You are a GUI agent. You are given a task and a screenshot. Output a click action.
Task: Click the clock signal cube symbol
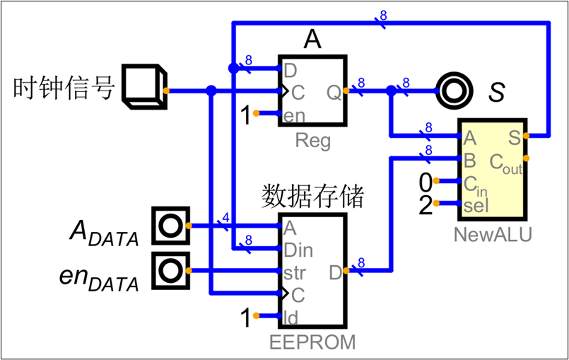click(144, 88)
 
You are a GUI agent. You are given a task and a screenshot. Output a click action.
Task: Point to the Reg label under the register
click(312, 141)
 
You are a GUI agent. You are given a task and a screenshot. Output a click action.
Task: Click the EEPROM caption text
click(312, 343)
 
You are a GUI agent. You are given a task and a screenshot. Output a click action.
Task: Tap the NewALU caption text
click(493, 234)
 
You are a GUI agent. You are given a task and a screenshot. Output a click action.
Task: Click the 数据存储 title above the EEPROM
click(312, 196)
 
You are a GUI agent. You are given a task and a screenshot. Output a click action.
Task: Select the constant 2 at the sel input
click(425, 205)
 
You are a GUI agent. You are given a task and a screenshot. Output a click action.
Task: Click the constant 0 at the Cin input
click(425, 183)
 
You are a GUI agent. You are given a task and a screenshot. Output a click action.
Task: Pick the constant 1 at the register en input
click(245, 115)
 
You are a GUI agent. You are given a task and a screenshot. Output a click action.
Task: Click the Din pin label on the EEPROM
click(298, 250)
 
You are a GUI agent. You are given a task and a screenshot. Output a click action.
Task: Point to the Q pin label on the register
click(333, 92)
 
